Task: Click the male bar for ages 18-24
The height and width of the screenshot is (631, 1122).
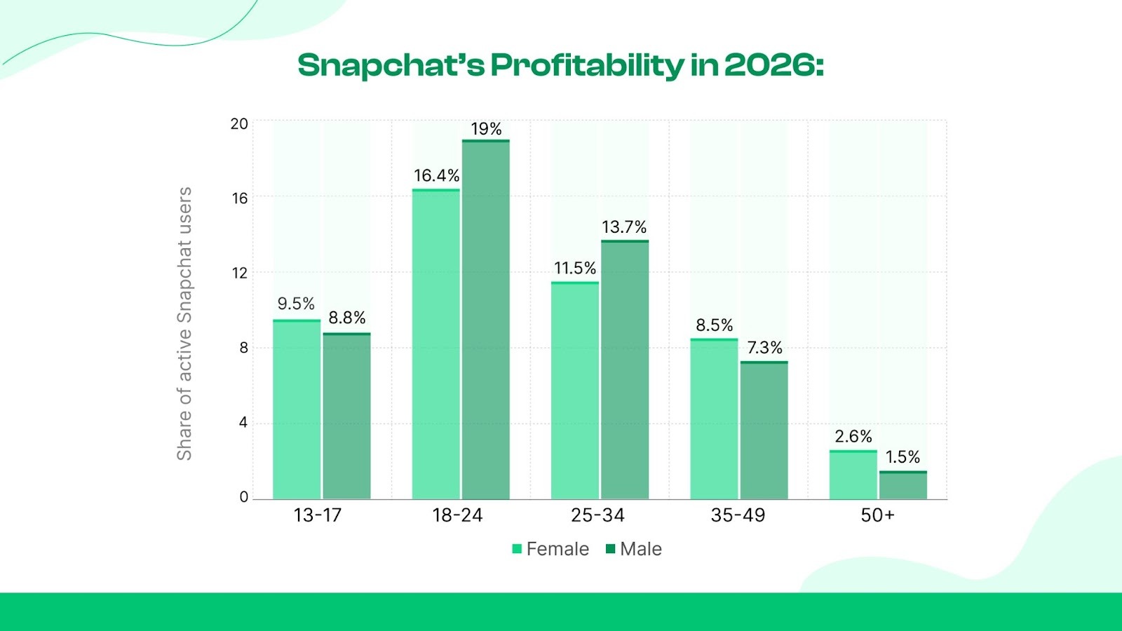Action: pos(486,320)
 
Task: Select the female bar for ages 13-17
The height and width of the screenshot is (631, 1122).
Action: pos(297,409)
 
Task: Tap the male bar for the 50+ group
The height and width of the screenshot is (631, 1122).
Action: pos(903,485)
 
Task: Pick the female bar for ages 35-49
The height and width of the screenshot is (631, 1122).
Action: pos(714,419)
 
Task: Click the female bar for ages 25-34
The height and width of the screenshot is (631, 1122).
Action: pos(575,391)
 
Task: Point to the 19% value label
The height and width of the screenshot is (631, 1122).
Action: pos(486,129)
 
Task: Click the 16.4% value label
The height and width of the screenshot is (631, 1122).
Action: pos(436,175)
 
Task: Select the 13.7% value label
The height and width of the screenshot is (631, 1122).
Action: pos(624,227)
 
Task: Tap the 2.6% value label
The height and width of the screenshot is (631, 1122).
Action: pos(853,437)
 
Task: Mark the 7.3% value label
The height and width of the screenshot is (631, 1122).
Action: pos(764,348)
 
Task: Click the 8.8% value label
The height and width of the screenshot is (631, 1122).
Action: pos(347,318)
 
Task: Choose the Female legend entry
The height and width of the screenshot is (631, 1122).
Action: pos(550,549)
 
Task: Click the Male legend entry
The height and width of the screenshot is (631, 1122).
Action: pos(634,549)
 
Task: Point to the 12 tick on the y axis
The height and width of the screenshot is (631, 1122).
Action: pos(240,273)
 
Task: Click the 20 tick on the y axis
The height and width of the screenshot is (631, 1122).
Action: pos(239,124)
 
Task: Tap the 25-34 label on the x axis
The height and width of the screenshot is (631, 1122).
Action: pos(597,515)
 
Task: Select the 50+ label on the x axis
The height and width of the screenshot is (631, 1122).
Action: pos(877,515)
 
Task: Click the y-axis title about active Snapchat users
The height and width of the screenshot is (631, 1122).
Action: pos(184,323)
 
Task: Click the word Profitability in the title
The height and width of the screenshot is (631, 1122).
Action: pos(586,65)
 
